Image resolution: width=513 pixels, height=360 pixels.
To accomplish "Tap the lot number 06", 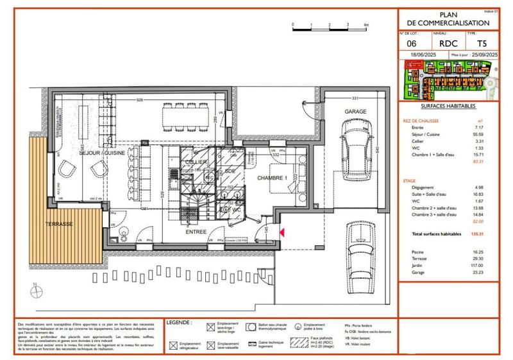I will pos(410,44).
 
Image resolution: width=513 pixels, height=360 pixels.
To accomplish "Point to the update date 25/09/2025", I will pos(484,56).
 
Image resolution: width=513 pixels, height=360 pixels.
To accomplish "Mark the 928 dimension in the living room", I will pos(140,100).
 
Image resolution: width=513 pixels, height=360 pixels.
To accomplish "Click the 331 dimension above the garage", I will pos(353,98).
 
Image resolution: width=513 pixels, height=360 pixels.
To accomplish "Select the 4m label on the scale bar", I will pos(366,24).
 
